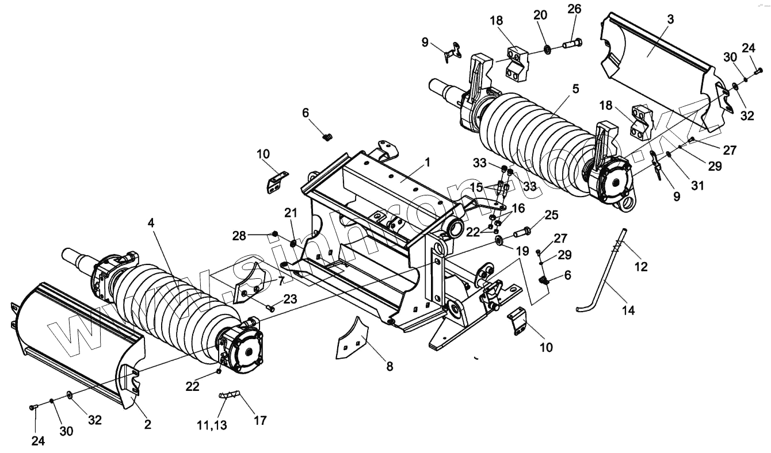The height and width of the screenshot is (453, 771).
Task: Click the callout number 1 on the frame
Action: point(428,163)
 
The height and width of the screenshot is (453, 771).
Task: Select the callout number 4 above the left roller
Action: point(151,222)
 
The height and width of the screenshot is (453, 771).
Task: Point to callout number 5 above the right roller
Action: point(575,89)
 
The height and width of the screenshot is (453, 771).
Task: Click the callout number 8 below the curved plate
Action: point(390,366)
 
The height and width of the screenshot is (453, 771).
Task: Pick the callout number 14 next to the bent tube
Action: point(628,310)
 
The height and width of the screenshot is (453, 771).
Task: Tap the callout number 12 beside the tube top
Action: point(641,267)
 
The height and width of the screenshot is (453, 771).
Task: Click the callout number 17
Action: point(260,420)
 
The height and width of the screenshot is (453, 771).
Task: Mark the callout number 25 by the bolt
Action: point(551,216)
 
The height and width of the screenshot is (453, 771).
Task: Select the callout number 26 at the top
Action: point(574,9)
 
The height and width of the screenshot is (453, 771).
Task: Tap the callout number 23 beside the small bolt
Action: point(290,298)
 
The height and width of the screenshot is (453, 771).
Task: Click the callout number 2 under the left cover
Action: point(148,425)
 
